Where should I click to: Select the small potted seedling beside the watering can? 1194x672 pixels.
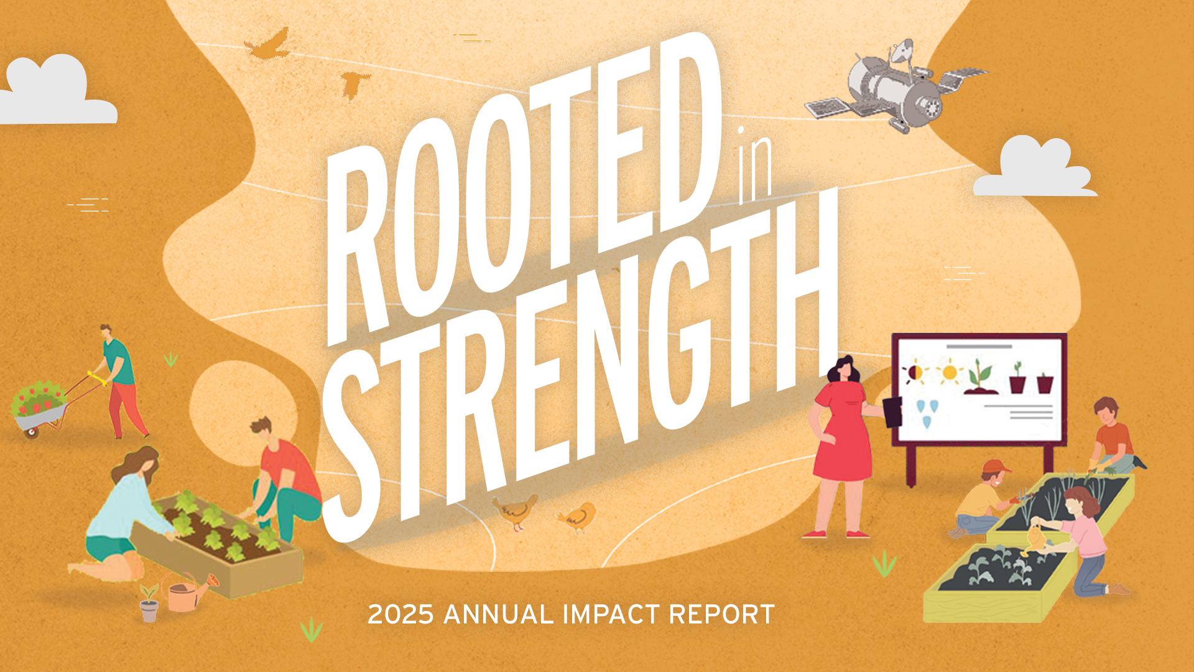click(x=149, y=604)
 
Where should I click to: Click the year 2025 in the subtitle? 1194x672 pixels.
click(x=400, y=615)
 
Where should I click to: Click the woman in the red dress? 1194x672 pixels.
click(x=843, y=442)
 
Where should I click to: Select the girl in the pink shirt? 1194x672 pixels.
click(x=1085, y=535)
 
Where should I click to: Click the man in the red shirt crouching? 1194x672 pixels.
click(x=283, y=479)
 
